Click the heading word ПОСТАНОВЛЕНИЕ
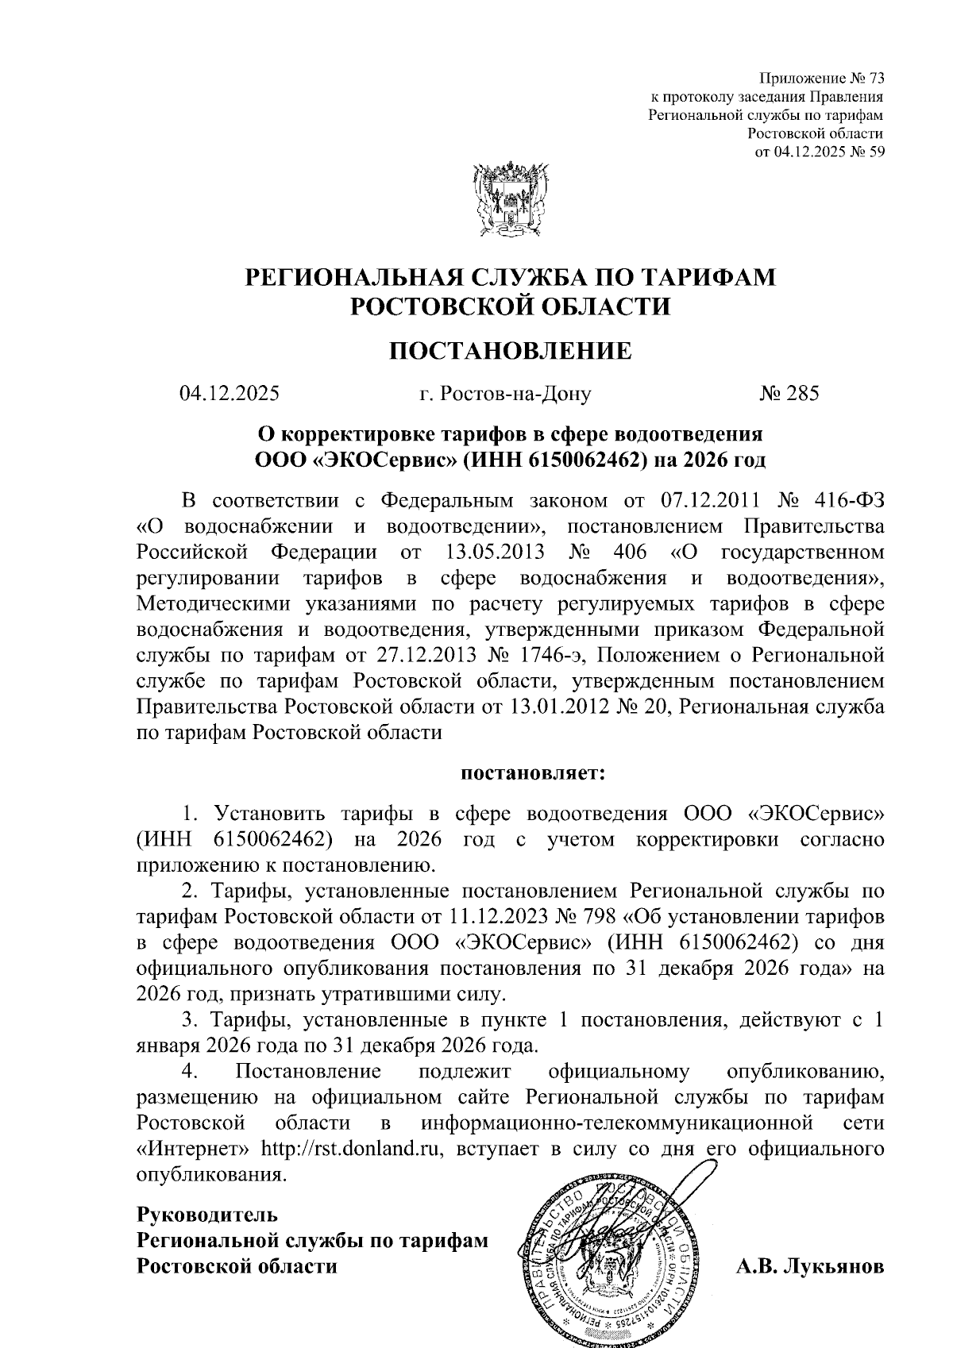pos(511,350)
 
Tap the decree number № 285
pos(789,393)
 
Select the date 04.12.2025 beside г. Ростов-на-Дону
pos(229,393)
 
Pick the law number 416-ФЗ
pos(849,501)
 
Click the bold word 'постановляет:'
pos(532,772)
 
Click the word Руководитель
pos(207,1214)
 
